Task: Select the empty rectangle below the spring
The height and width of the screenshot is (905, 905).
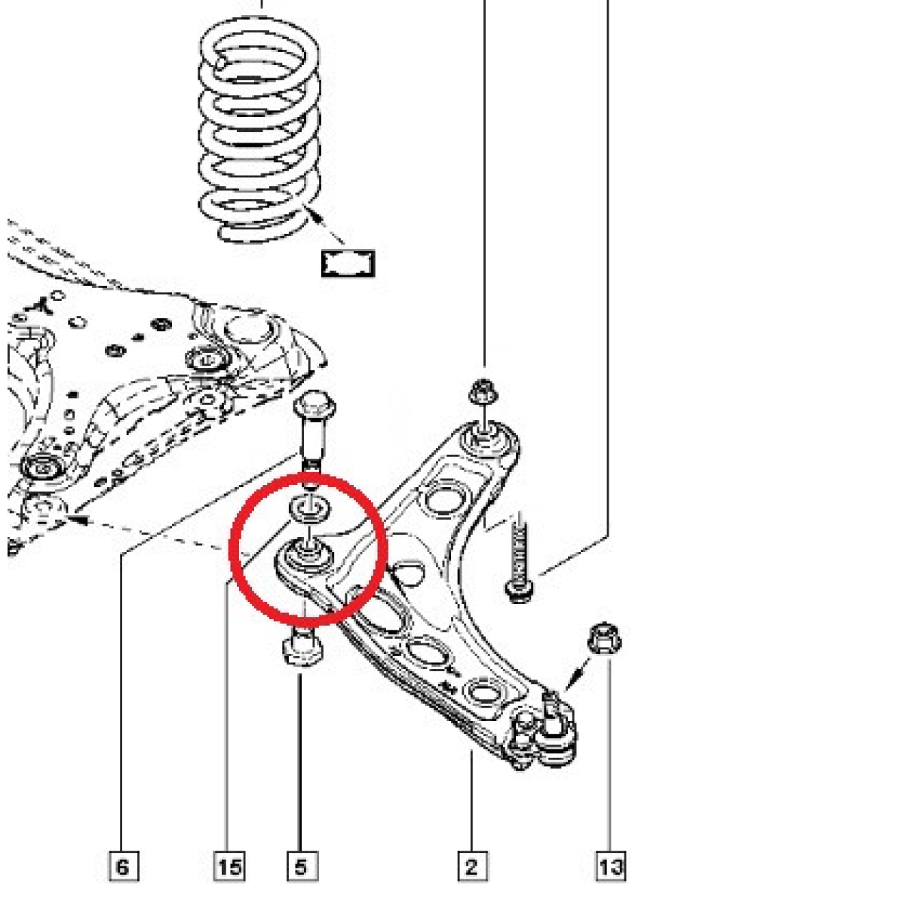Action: [348, 263]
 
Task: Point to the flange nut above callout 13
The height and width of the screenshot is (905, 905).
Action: [605, 638]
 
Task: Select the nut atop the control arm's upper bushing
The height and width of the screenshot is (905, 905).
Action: [483, 391]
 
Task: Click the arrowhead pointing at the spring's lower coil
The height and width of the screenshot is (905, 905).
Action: [314, 216]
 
